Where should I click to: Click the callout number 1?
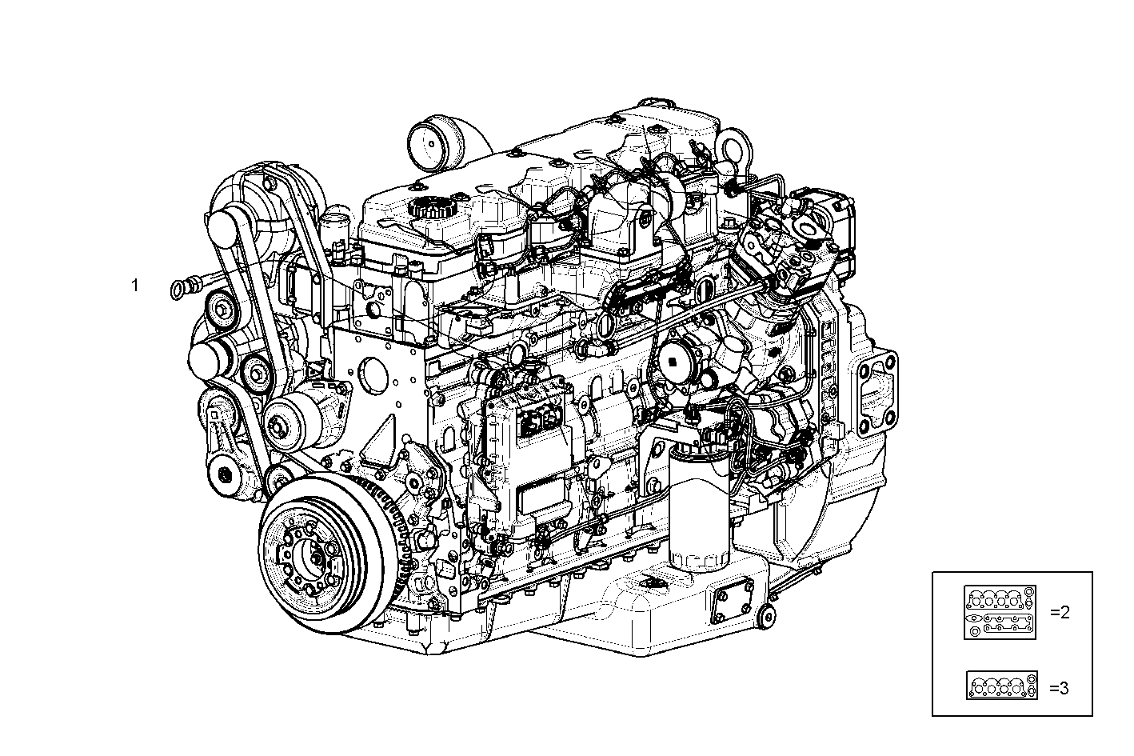coord(135,285)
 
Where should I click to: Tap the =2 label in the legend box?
coord(1060,613)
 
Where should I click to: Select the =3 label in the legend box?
coord(1058,688)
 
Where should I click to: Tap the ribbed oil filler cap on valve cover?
coord(431,210)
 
